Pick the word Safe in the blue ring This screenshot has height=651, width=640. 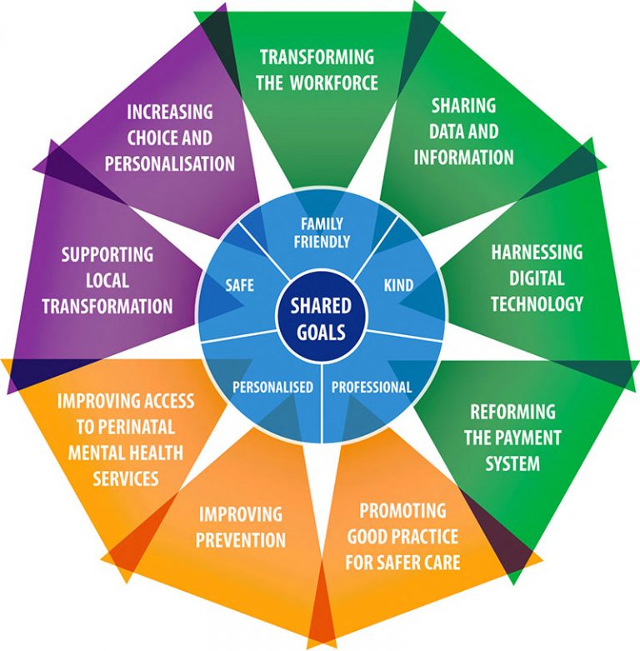[239, 285]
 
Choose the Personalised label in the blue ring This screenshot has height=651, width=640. [272, 387]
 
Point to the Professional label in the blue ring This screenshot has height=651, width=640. [372, 387]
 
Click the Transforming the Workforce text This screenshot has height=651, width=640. [318, 70]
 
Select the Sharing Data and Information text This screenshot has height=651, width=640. [463, 132]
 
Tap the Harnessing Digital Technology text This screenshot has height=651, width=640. [537, 278]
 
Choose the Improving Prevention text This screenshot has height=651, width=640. [240, 527]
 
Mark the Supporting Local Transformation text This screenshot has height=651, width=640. [107, 279]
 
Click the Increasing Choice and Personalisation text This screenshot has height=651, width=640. [170, 137]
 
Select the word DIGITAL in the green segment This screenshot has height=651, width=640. [537, 278]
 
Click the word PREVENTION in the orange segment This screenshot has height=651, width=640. [240, 539]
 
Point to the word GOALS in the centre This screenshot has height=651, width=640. [320, 331]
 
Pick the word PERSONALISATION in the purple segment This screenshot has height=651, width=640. [170, 163]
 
